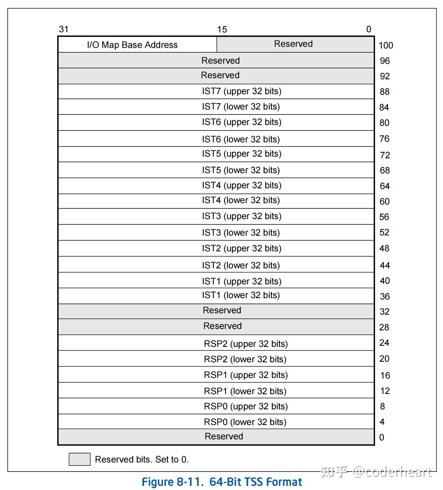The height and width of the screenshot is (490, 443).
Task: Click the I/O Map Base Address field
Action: click(x=132, y=45)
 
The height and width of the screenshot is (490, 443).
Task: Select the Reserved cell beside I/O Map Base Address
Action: click(x=293, y=44)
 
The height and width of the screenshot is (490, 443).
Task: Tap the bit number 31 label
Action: click(x=63, y=29)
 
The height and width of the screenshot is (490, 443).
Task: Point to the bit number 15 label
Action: click(x=222, y=30)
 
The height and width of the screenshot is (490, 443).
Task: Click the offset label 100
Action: click(x=385, y=46)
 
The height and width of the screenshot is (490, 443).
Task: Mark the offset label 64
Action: click(x=385, y=186)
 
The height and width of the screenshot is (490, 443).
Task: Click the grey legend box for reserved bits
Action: click(x=79, y=459)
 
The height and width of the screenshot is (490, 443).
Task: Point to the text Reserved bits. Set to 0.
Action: click(x=142, y=460)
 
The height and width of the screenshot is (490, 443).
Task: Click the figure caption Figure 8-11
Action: click(x=221, y=482)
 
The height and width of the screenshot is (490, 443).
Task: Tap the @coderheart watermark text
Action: click(x=392, y=472)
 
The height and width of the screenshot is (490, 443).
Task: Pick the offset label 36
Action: click(x=385, y=296)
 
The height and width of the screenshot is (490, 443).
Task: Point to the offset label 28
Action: click(x=384, y=327)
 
